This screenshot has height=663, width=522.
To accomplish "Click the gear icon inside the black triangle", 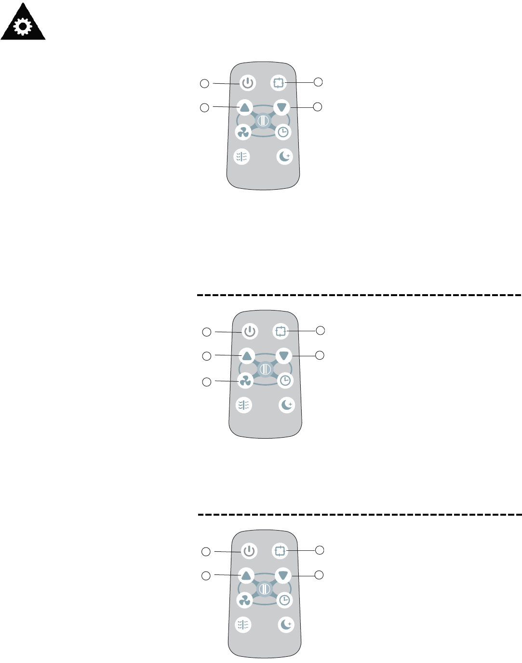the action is [22, 27].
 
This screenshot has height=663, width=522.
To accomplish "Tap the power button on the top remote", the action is [247, 83].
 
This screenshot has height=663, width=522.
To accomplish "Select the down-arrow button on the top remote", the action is [281, 107].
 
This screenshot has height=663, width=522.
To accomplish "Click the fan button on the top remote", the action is [243, 132].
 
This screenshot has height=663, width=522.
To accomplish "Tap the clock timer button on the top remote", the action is [283, 132].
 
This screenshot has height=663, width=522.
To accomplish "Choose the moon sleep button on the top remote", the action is [285, 156].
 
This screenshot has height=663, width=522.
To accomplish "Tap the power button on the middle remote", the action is [250, 332].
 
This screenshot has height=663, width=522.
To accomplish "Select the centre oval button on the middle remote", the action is [265, 369].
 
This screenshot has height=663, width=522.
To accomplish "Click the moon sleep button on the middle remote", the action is [287, 405].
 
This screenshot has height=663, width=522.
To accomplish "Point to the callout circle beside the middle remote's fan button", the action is [206, 382].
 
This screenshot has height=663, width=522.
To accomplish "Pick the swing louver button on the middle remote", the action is [244, 405].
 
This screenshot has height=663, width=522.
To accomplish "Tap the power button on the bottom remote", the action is [249, 551].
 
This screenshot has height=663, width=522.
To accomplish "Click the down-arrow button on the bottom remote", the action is [283, 575].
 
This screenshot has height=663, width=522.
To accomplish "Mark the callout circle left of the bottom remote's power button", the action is [206, 552].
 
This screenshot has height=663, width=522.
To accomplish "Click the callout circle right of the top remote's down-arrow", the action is [317, 106].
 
